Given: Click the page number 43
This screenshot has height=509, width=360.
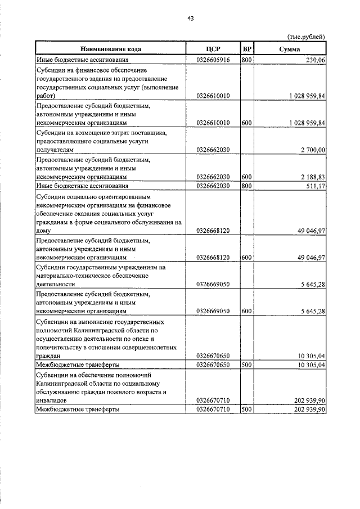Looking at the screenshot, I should (x=191, y=19).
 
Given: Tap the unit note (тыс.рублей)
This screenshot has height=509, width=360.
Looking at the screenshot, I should (x=306, y=37).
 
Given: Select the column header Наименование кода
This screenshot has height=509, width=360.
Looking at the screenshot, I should (x=110, y=49).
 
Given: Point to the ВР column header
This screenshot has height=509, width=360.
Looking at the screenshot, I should (x=247, y=49).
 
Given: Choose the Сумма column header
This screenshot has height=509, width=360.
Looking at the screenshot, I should (x=290, y=49).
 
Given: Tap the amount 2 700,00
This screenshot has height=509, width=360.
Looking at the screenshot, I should (x=313, y=150).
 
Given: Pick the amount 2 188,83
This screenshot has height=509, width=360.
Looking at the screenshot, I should (x=313, y=177).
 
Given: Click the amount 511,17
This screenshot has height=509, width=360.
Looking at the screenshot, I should (x=315, y=186).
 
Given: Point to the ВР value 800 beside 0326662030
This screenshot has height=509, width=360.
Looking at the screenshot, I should (x=246, y=186).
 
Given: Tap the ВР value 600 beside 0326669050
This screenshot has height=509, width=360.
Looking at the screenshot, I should (x=246, y=310).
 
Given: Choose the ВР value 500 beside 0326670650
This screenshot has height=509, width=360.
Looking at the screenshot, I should (x=246, y=365).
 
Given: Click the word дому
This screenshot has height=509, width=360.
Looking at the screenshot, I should (x=44, y=231).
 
